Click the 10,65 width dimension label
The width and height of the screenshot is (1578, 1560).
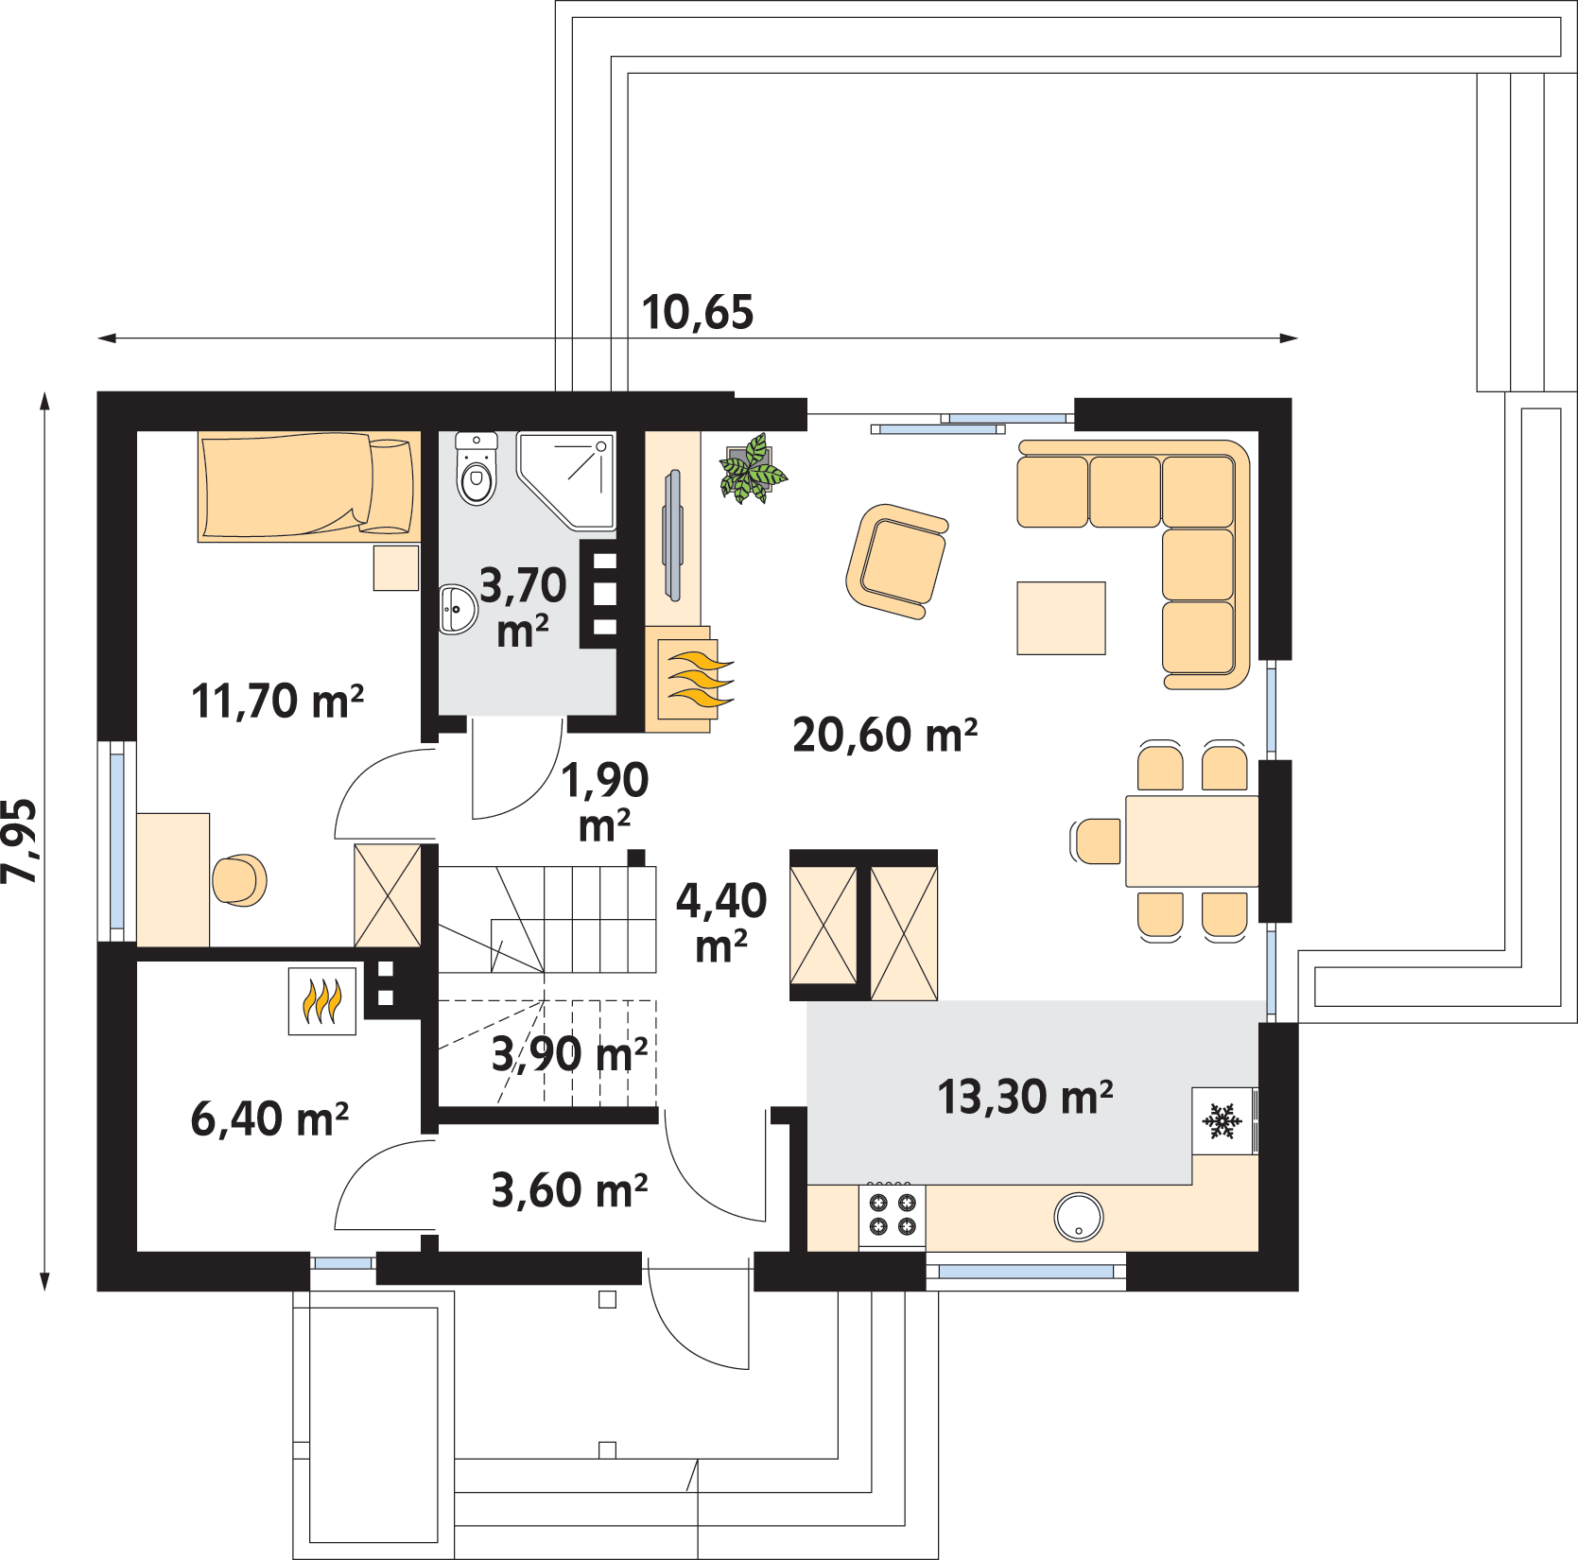coord(698,313)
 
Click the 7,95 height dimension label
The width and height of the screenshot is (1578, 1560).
coord(20,841)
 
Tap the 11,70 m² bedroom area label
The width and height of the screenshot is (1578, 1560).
coord(277,702)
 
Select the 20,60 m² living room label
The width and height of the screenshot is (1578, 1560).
coord(885,735)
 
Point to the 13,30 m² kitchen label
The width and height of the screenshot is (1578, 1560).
coord(1025,1097)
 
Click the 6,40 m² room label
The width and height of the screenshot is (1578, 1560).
coord(269,1118)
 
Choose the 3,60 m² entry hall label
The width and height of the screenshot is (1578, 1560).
coord(569,1190)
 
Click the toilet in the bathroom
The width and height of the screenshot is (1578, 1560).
coord(477,469)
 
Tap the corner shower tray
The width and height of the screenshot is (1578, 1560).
coord(566,480)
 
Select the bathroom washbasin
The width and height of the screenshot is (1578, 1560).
coord(458,609)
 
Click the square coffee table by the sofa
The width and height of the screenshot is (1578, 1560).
coord(1061,618)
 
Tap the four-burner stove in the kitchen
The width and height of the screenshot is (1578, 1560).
coord(893,1215)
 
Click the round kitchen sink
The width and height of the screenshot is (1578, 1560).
coord(1079,1217)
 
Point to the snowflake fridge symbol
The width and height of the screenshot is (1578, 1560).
coord(1222,1121)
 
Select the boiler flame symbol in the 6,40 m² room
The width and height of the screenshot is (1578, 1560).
coord(322,1001)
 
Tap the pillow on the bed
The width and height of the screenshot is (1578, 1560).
coord(390,485)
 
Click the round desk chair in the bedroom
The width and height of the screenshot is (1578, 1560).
coord(239,880)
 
